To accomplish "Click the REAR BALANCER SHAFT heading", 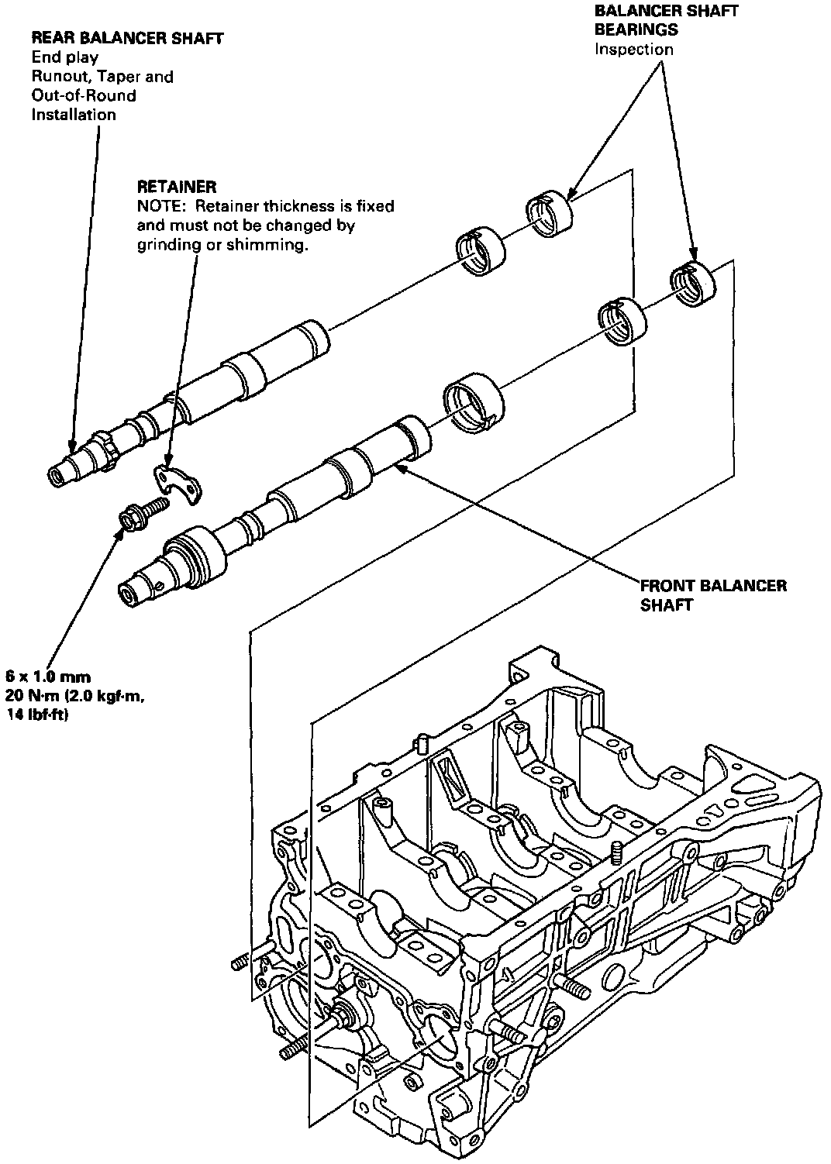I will click(x=127, y=37).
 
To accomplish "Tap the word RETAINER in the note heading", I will click(x=177, y=187).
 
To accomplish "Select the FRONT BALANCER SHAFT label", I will click(x=713, y=594).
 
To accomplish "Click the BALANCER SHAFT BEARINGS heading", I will click(x=666, y=20).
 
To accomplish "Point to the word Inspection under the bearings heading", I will click(x=633, y=50).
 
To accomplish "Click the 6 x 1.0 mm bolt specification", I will click(x=48, y=677).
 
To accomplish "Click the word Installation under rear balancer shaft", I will click(x=74, y=115).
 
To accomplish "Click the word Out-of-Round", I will click(x=84, y=95).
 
